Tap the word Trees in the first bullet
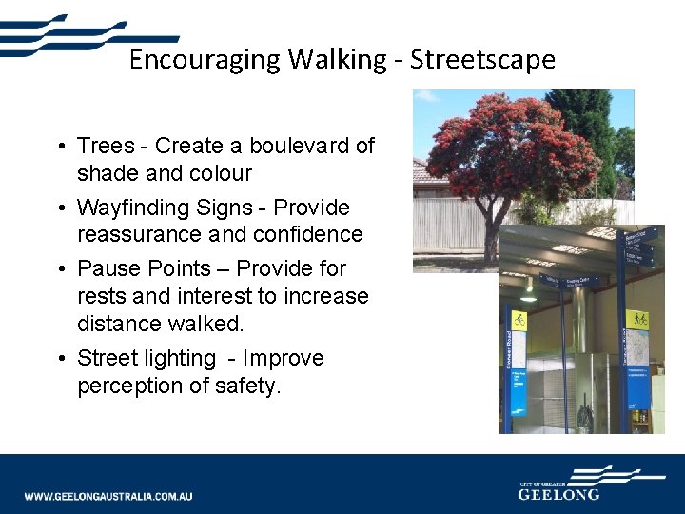tap(107, 147)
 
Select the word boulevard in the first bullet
tap(291, 147)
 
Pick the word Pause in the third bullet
tap(107, 268)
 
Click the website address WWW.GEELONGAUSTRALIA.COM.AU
tap(108, 496)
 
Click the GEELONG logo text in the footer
tap(559, 494)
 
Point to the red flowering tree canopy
tap(509, 143)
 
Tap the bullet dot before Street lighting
tap(60, 359)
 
